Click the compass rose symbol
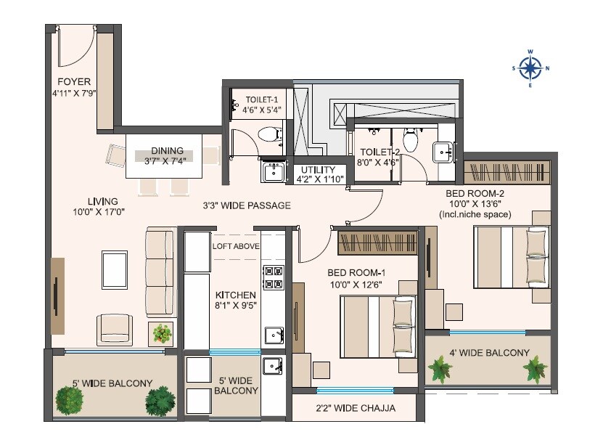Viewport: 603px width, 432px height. [530, 68]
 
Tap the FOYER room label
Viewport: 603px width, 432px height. [74, 81]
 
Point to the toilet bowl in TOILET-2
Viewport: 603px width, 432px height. [411, 140]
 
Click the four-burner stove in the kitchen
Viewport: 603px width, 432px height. [272, 277]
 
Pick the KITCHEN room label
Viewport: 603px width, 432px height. [235, 296]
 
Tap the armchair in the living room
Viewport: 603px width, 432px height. [115, 329]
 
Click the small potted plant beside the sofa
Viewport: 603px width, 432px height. [163, 334]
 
